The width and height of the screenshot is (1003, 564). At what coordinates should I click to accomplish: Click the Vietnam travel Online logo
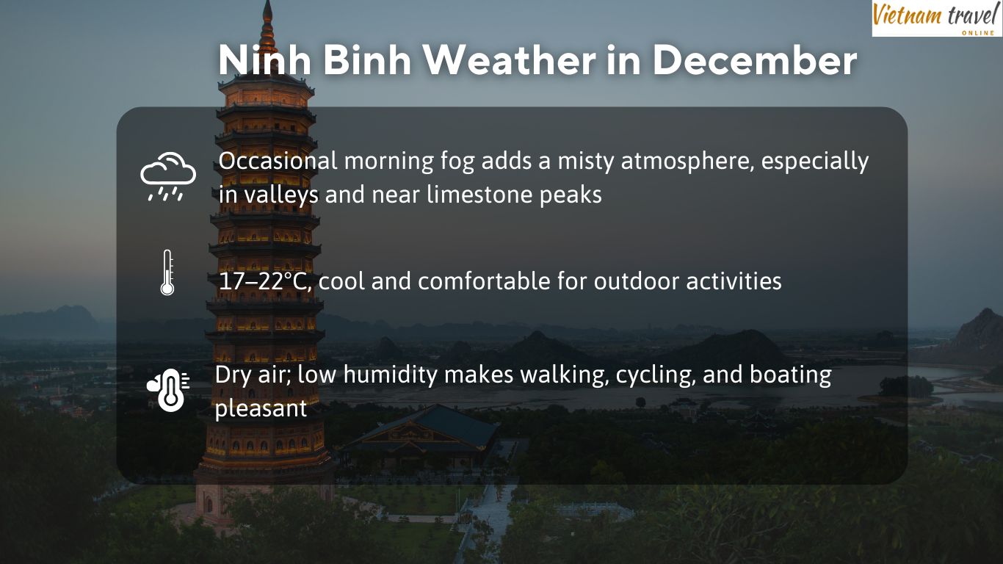(x=938, y=18)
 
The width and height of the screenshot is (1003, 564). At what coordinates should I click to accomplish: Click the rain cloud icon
(x=168, y=177)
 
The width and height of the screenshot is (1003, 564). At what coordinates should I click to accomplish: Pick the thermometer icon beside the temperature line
(x=167, y=272)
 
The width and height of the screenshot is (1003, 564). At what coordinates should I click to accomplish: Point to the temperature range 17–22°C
(x=265, y=281)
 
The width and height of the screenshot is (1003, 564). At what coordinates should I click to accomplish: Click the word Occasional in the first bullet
(x=278, y=162)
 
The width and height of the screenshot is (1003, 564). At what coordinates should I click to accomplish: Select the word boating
(x=790, y=376)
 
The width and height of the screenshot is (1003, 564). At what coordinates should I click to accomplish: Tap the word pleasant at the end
(x=261, y=409)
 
